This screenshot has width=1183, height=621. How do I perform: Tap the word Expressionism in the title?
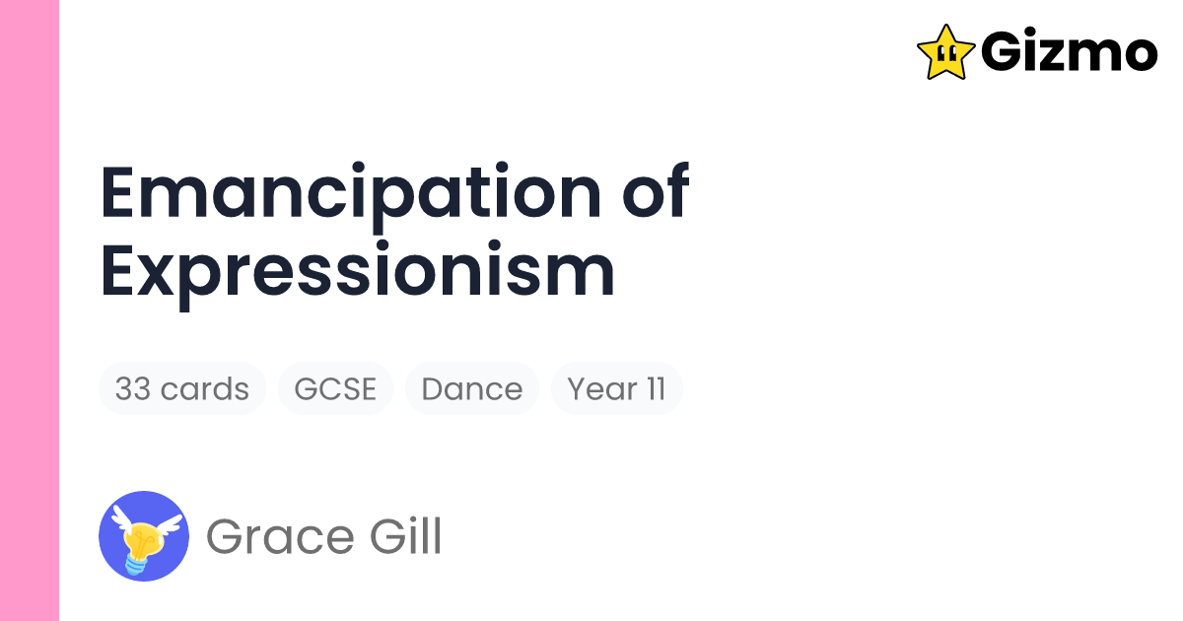(x=358, y=272)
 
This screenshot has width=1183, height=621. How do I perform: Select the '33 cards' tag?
(x=181, y=388)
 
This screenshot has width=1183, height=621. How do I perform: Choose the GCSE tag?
(x=335, y=388)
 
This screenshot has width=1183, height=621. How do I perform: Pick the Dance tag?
(x=471, y=388)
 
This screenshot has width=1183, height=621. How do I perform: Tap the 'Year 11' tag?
(x=616, y=388)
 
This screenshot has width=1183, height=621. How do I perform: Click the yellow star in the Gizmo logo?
(x=945, y=52)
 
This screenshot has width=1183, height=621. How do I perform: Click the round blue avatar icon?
(x=144, y=535)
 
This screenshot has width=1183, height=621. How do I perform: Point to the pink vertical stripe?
(x=30, y=310)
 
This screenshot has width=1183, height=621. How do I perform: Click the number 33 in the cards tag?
(x=132, y=388)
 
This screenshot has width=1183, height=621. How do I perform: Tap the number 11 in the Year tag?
(x=656, y=388)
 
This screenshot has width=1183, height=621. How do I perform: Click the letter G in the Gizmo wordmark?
(x=1003, y=52)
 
